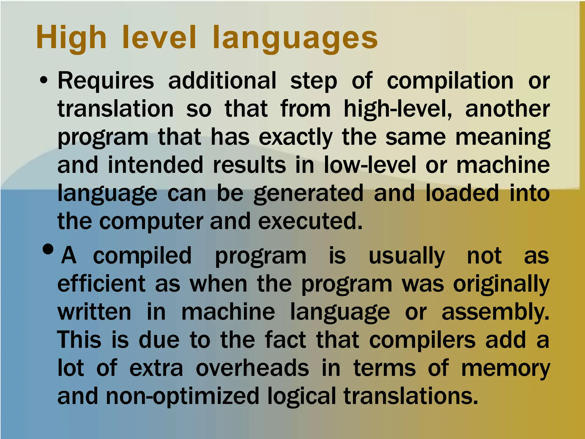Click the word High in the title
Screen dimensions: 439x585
(x=71, y=38)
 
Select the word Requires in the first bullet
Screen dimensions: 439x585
(x=106, y=81)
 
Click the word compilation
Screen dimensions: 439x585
(x=450, y=81)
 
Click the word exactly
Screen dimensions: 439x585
(x=296, y=137)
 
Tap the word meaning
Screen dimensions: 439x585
(x=502, y=137)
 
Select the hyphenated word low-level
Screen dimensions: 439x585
(x=370, y=165)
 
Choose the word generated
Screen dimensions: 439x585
(x=308, y=193)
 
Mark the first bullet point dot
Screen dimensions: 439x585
(x=44, y=81)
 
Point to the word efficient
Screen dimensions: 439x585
(x=101, y=284)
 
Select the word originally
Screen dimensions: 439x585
(x=501, y=284)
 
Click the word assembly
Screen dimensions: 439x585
(x=495, y=312)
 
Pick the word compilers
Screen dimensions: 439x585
(x=422, y=340)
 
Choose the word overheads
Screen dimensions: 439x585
(x=252, y=368)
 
